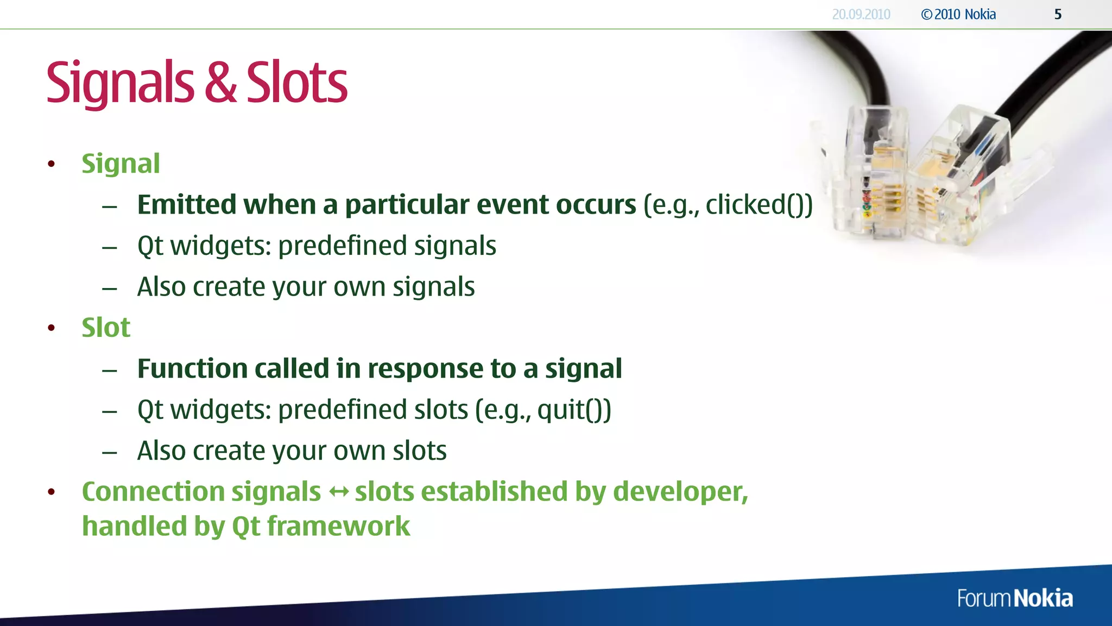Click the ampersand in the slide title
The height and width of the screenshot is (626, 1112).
pos(221,83)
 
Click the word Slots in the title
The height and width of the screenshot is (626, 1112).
pos(296,83)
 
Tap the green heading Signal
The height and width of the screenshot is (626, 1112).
pos(121,164)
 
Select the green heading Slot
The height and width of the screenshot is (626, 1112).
pos(106,328)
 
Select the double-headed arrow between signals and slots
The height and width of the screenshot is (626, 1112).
pos(339,492)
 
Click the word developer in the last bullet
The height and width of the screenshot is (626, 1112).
pos(679,492)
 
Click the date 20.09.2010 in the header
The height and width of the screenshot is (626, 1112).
pos(861,15)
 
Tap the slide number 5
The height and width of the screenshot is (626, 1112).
pos(1058,15)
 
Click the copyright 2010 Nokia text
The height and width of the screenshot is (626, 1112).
pos(959,15)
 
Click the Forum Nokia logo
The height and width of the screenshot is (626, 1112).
pos(1015,598)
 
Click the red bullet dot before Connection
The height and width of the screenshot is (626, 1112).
pos(52,492)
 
